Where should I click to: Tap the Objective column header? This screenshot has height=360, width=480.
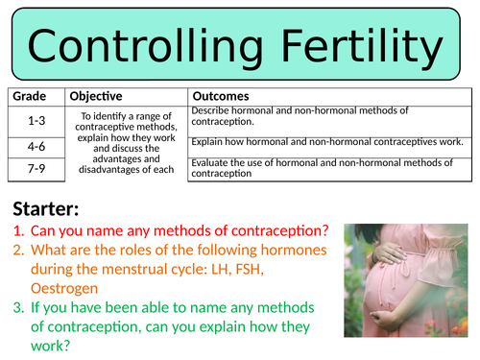tap(96, 97)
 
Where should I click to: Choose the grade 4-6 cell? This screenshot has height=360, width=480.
tap(35, 148)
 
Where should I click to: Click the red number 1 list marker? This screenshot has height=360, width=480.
tap(19, 231)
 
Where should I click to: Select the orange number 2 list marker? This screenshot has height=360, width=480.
tap(19, 252)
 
